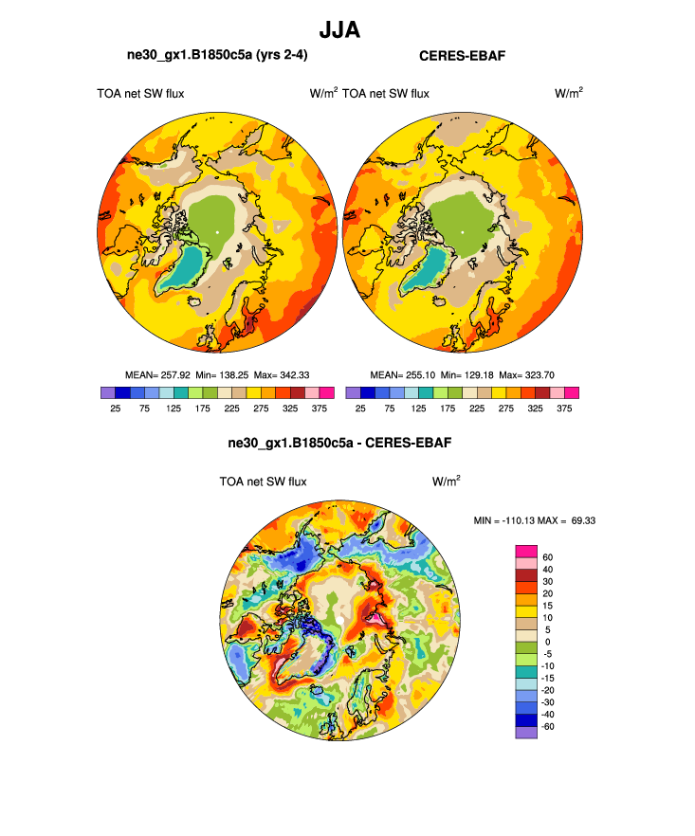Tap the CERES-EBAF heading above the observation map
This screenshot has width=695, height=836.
(462, 56)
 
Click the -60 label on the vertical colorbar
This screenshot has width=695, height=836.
(548, 725)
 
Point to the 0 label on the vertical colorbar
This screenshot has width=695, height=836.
(546, 642)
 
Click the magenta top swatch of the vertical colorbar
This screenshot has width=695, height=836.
(526, 551)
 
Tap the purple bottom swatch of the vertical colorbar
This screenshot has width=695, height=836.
(526, 732)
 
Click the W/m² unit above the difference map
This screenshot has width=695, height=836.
(447, 482)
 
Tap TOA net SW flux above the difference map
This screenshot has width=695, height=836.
(263, 482)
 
